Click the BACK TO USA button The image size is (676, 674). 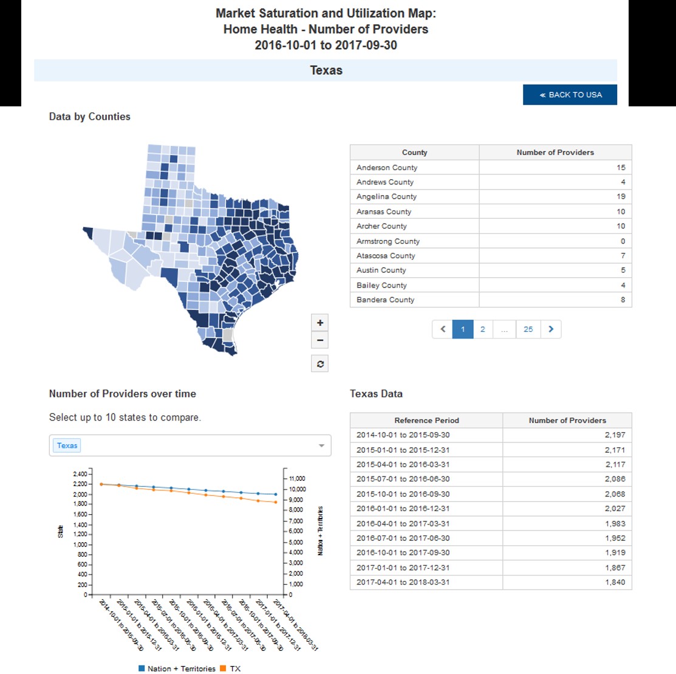pyautogui.click(x=570, y=95)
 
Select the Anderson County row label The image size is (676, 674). pyautogui.click(x=387, y=168)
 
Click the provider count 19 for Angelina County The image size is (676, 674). pyautogui.click(x=621, y=197)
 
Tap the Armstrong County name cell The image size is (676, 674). pyautogui.click(x=388, y=241)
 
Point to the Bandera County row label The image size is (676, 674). pyautogui.click(x=385, y=300)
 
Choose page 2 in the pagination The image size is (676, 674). pyautogui.click(x=482, y=329)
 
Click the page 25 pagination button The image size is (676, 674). pyautogui.click(x=528, y=329)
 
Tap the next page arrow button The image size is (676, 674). pyautogui.click(x=551, y=329)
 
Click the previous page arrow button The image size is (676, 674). pyautogui.click(x=443, y=329)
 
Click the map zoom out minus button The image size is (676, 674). pyautogui.click(x=320, y=340)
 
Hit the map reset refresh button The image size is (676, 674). pyautogui.click(x=320, y=364)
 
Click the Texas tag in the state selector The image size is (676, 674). pyautogui.click(x=67, y=445)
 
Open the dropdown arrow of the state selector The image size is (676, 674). pyautogui.click(x=321, y=446)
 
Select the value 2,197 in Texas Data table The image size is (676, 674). pyautogui.click(x=615, y=435)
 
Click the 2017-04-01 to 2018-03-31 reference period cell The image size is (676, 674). pyautogui.click(x=403, y=582)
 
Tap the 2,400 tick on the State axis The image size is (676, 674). pyautogui.click(x=80, y=474)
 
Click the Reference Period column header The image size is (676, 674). pyautogui.click(x=426, y=421)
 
